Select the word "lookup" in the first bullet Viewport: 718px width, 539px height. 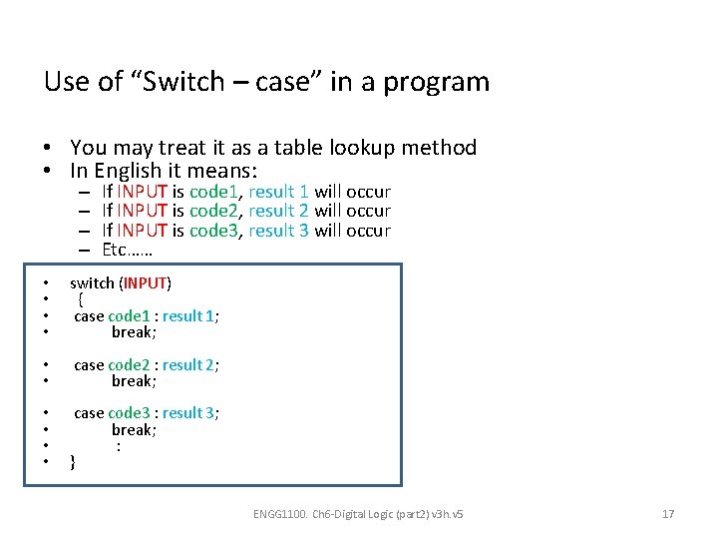coord(351,148)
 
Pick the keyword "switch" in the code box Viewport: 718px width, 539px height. coord(92,283)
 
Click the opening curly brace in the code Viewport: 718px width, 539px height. coord(81,299)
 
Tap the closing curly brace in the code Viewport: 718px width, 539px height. coord(72,461)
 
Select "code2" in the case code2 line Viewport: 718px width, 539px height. coord(128,365)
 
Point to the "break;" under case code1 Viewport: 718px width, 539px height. coord(134,331)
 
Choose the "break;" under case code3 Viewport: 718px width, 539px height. coord(134,429)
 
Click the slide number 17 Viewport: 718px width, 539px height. coord(668,514)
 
